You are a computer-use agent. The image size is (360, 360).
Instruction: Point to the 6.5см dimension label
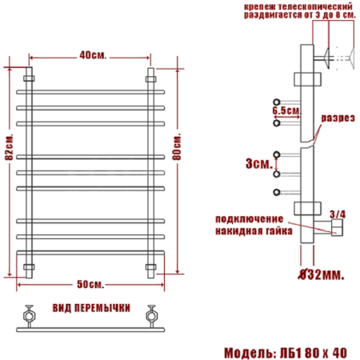pyautogui.click(x=286, y=110)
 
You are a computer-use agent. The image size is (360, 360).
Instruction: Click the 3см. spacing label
pyautogui.click(x=257, y=163)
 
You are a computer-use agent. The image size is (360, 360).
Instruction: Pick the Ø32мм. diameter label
pyautogui.click(x=322, y=274)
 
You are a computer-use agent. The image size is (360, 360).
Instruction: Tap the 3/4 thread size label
pyautogui.click(x=338, y=214)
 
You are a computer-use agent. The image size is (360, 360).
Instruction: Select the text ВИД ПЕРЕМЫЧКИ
pyautogui.click(x=92, y=308)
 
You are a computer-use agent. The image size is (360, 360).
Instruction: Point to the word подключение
pyautogui.click(x=249, y=218)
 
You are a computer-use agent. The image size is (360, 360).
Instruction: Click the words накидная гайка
pyautogui.click(x=249, y=230)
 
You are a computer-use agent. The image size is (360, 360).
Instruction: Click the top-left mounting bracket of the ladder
pyautogui.click(x=30, y=78)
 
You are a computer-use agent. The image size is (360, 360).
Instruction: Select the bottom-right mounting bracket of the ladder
pyautogui.click(x=150, y=266)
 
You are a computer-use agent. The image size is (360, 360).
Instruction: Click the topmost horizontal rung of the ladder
pyautogui.click(x=90, y=93)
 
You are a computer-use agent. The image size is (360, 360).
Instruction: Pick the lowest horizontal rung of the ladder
pyautogui.click(x=90, y=249)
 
